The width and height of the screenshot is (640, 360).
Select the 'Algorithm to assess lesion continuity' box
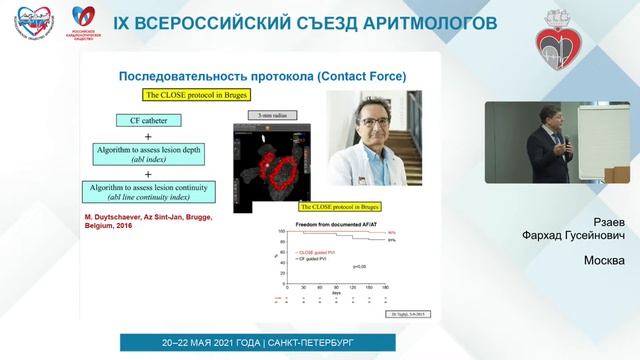pyautogui.click(x=148, y=190)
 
